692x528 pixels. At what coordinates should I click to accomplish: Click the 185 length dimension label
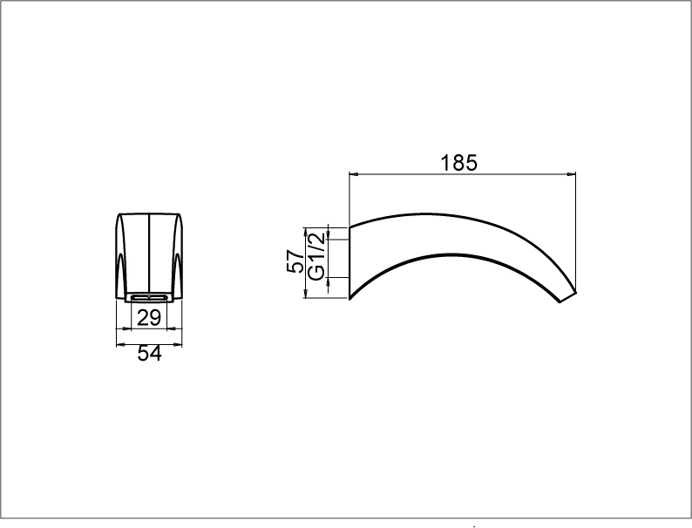[x=459, y=162]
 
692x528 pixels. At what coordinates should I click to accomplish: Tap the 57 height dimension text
[x=295, y=261]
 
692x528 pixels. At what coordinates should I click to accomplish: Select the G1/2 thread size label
[x=316, y=257]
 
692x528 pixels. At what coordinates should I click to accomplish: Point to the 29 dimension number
[x=149, y=318]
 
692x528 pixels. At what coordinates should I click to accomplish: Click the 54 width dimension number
[x=150, y=354]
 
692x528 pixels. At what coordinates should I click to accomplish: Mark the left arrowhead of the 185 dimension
[x=355, y=174]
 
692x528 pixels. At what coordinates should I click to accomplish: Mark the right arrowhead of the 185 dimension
[x=571, y=174]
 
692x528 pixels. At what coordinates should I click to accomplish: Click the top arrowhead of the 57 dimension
[x=305, y=233]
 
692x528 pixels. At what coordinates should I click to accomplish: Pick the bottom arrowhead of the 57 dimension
[x=305, y=293]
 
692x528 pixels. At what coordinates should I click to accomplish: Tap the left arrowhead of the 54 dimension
[x=121, y=344]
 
